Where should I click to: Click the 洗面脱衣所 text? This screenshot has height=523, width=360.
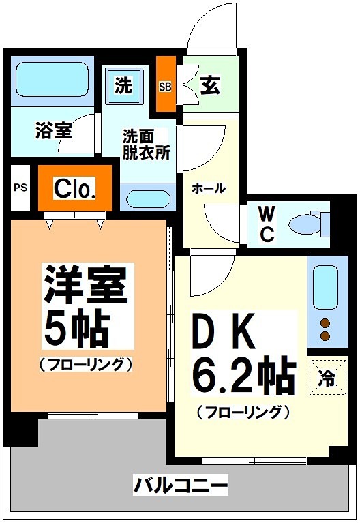[x=146, y=144]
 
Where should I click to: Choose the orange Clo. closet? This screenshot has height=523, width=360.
[x=74, y=188]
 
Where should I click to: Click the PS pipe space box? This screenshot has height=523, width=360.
[x=20, y=187]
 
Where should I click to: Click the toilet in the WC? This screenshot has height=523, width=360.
[x=305, y=224]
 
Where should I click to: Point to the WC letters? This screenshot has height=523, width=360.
[x=267, y=224]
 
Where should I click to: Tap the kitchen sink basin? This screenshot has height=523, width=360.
[x=324, y=288]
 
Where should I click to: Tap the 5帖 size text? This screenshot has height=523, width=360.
[x=76, y=330]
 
